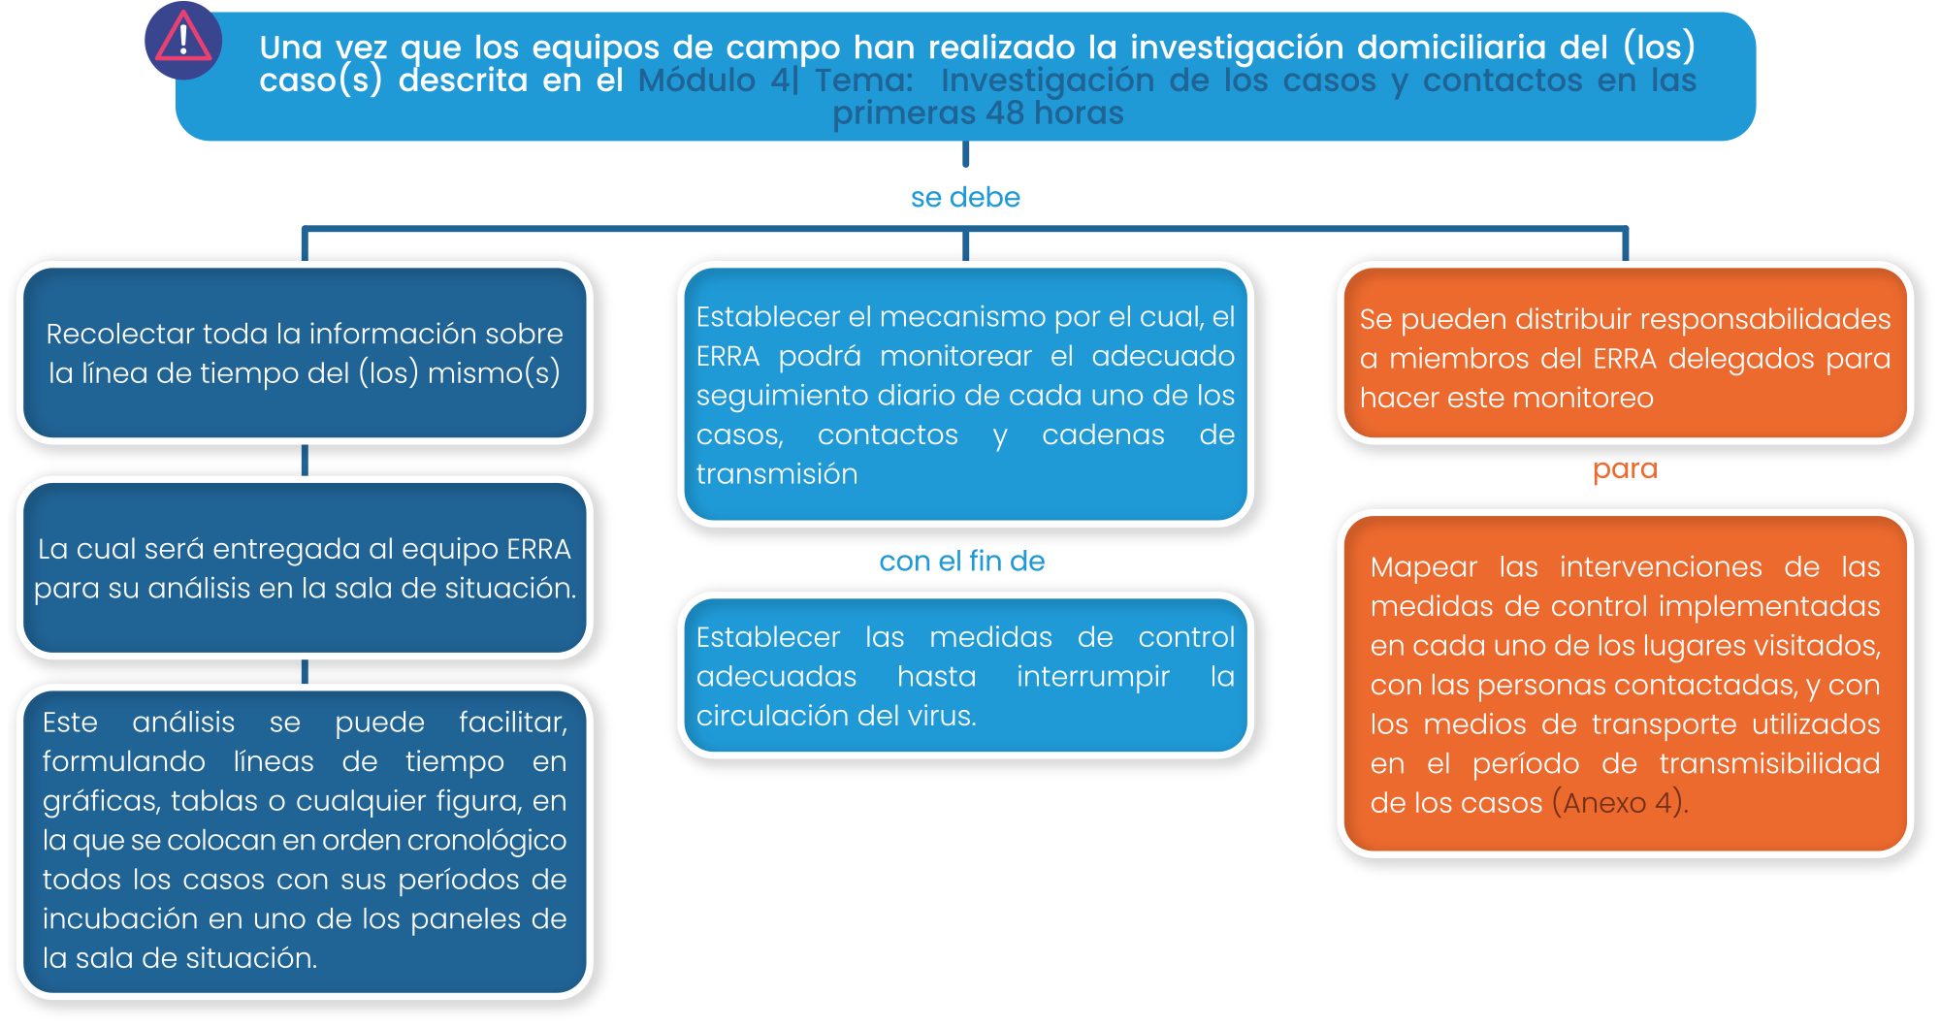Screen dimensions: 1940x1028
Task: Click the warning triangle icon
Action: [183, 40]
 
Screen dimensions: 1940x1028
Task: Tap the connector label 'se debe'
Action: [965, 197]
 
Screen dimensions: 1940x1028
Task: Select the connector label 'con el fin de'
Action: [961, 561]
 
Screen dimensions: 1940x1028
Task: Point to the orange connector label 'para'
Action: [1625, 469]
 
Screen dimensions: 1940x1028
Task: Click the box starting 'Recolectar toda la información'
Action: [305, 353]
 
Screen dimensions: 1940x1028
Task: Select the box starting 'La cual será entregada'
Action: [305, 568]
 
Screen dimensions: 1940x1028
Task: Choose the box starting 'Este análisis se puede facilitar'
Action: [305, 841]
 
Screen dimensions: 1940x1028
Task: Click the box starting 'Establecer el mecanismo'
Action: [965, 394]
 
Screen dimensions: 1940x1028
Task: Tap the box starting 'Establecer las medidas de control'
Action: [965, 675]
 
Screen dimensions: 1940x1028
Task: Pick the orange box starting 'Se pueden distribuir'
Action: [1625, 353]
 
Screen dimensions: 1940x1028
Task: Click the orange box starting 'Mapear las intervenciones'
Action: [1625, 684]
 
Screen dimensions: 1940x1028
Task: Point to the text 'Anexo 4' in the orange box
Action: [1617, 803]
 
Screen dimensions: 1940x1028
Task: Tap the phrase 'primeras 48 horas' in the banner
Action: [978, 113]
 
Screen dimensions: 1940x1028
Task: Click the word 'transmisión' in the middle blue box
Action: [777, 474]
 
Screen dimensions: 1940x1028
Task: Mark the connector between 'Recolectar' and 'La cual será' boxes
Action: [305, 460]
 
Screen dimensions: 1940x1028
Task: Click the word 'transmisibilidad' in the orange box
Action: [1769, 764]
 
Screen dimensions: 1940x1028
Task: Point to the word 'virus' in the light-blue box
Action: [940, 716]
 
